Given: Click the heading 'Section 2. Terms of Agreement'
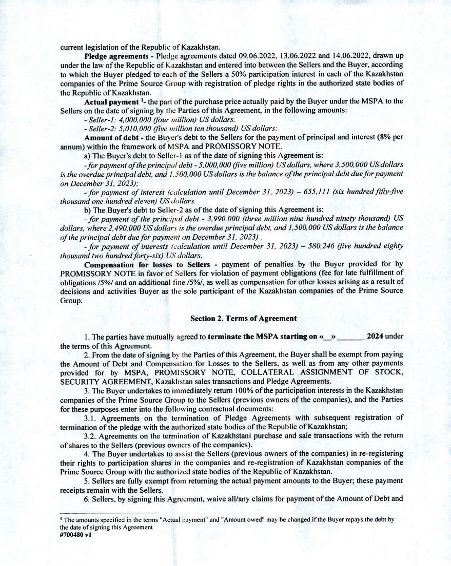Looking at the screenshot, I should point(243,318).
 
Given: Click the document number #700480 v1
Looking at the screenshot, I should point(75,538).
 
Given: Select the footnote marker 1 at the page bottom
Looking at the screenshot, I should point(61,518).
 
